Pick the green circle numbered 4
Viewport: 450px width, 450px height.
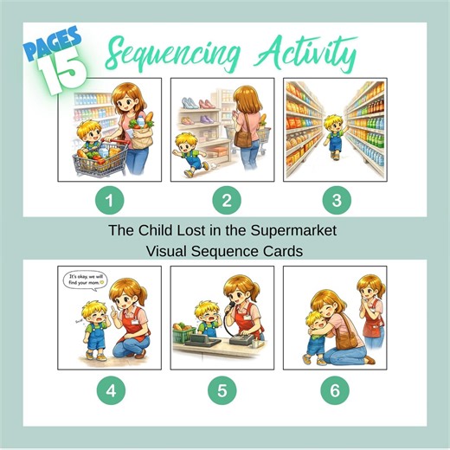(x=110, y=389)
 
